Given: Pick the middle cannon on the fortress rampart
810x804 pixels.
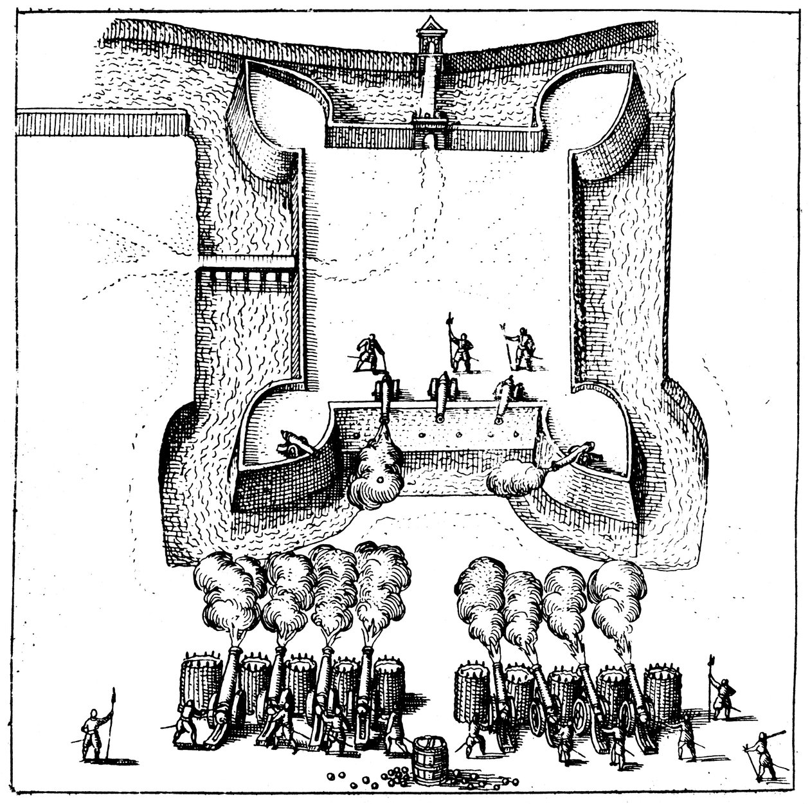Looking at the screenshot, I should (x=440, y=394).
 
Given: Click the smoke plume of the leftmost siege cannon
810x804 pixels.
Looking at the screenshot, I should (x=225, y=592).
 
